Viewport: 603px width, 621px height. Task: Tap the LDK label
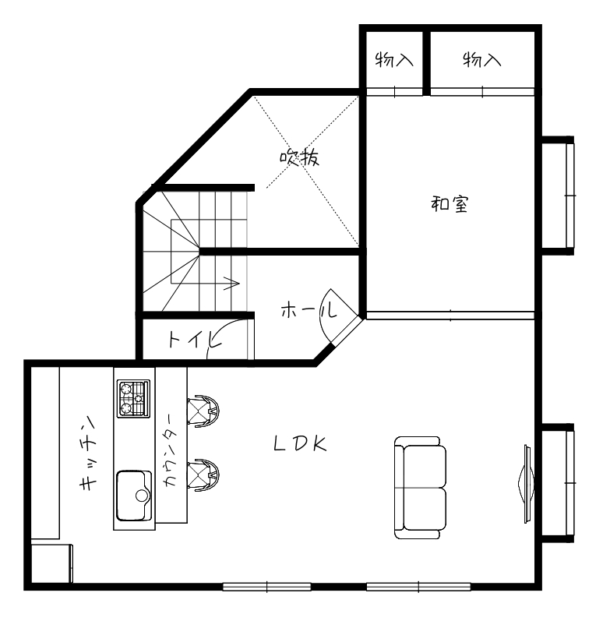coord(300,444)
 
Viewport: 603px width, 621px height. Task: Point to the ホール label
coord(308,311)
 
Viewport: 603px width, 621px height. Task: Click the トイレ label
coord(192,340)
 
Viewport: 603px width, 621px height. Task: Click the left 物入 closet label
coord(393,59)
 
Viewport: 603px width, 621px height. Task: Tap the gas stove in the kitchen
coord(133,398)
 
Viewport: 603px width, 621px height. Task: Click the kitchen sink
coord(135,496)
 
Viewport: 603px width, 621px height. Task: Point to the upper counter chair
coord(203,411)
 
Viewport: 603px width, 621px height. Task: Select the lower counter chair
coord(203,474)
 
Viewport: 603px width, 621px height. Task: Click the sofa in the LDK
coord(420,488)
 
